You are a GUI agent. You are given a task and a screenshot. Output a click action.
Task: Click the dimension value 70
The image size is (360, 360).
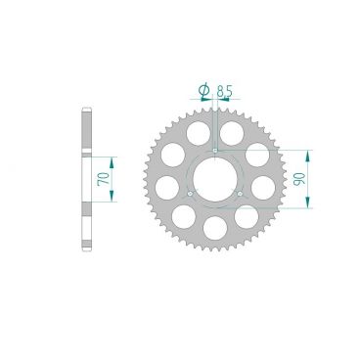coord(105,179)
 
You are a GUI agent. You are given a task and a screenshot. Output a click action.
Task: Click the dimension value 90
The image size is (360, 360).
coord(298,179)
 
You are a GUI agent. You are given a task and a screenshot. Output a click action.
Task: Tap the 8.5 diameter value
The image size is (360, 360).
coord(225,91)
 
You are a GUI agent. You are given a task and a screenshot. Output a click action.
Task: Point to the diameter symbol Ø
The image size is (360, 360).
coord(203,90)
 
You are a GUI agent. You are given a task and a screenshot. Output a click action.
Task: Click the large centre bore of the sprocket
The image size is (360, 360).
coord(214,179)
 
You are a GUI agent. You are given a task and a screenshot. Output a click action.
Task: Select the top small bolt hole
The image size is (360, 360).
coord(214,151)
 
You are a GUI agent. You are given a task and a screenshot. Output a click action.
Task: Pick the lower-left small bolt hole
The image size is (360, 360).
coord(190,194)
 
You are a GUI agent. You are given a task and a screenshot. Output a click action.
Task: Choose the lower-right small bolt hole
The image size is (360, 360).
coord(240,194)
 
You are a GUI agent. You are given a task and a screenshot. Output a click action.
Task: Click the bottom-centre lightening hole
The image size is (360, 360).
coord(215,228)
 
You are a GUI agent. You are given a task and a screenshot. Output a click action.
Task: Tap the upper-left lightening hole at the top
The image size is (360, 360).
coord(199,133)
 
